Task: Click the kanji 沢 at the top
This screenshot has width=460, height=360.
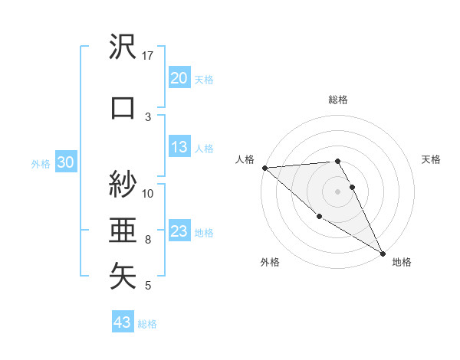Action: coord(123,47)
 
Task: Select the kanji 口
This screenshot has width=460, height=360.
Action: coord(123,107)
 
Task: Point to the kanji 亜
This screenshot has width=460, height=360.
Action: coord(123,230)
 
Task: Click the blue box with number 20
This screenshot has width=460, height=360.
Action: coord(179,78)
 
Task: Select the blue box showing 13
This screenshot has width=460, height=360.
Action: coord(179,148)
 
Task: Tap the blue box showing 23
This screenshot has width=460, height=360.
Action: coord(179,232)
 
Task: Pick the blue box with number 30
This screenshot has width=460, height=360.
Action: coord(66,163)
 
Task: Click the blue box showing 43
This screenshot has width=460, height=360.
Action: coord(123,323)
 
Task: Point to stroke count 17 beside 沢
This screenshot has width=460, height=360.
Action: coord(148,56)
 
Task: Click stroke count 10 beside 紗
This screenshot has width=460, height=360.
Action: coord(148,193)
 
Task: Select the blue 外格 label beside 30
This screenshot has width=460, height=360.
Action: coord(41,164)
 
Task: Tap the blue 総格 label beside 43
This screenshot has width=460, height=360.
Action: coord(148,324)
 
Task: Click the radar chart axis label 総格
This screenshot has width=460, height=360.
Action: coord(338,100)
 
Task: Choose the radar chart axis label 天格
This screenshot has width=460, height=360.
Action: coord(432,159)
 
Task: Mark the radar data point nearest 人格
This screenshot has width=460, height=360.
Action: coord(264,168)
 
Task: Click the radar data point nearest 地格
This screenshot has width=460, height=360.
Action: coord(383,253)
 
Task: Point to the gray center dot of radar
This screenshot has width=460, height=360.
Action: coord(337,191)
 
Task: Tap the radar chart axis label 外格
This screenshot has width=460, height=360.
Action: coord(270,263)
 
